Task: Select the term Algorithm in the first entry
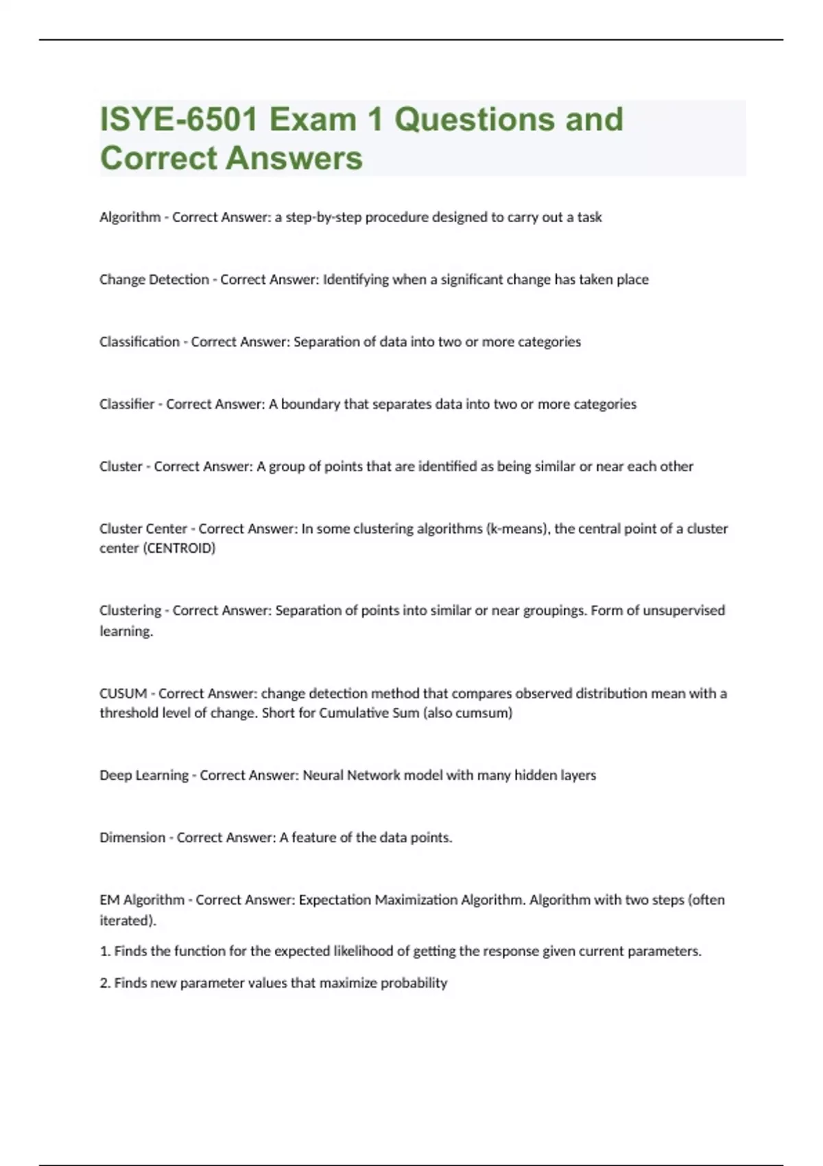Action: (130, 217)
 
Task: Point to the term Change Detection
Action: (154, 280)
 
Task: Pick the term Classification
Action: (139, 342)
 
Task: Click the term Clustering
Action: (130, 610)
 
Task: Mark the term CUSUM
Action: (123, 693)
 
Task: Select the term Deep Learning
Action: (144, 775)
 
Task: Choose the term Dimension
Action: (132, 837)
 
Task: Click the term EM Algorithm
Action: (142, 900)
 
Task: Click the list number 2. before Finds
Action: (105, 983)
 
